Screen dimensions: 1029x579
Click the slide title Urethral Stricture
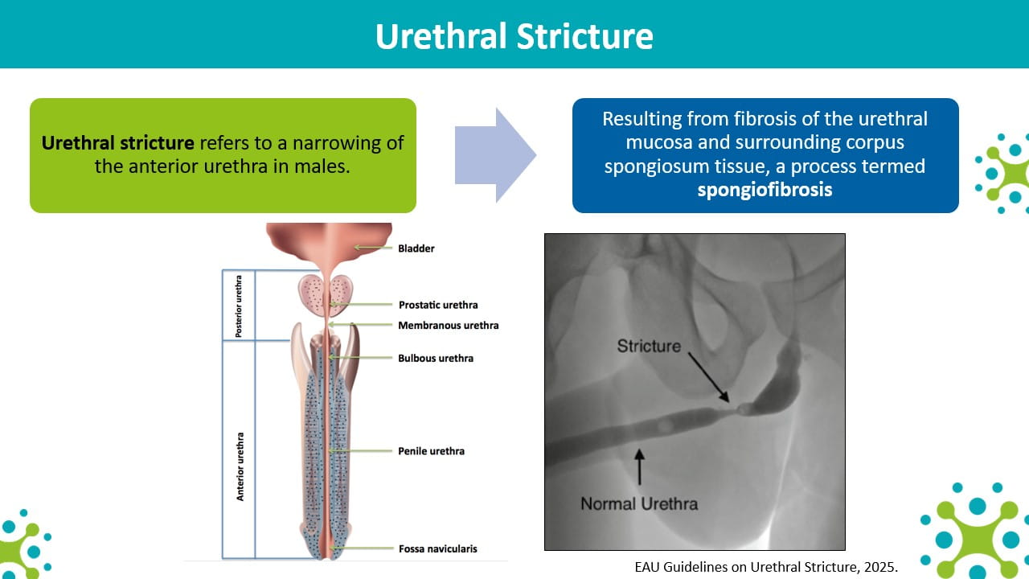tap(514, 36)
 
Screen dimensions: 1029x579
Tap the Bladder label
tap(416, 248)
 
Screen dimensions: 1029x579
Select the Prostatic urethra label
tap(438, 305)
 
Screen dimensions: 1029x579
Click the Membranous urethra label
tap(449, 326)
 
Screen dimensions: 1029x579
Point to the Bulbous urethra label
tap(436, 359)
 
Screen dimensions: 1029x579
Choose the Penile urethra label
tap(432, 451)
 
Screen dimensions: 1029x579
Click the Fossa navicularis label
tap(438, 548)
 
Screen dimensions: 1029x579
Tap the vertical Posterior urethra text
tap(239, 306)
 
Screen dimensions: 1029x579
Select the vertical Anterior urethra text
tap(240, 466)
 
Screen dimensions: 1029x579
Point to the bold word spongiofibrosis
tap(765, 190)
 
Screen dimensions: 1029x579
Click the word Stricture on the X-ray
tap(649, 346)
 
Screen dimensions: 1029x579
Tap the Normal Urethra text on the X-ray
tap(639, 503)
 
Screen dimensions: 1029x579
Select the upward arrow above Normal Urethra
tap(639, 467)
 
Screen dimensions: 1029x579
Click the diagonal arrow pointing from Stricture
tap(709, 377)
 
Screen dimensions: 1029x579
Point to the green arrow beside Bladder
tap(373, 248)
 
